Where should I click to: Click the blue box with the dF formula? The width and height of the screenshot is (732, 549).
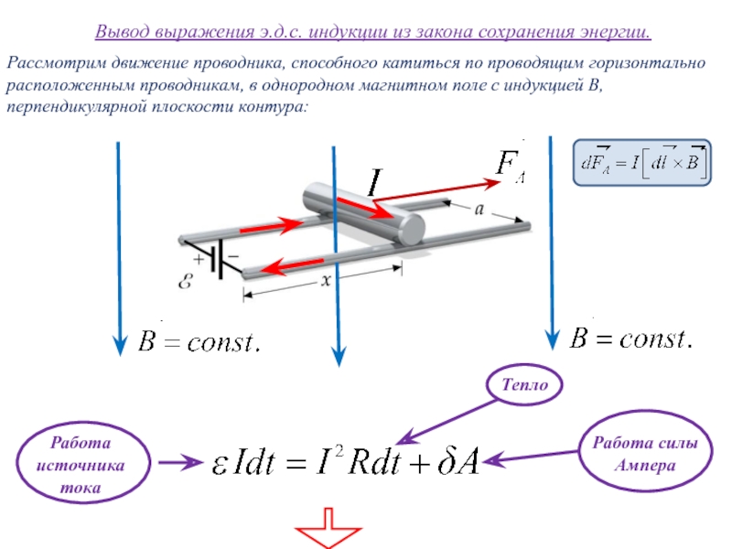[x=642, y=163]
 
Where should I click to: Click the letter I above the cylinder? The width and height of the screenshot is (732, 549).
[x=375, y=182]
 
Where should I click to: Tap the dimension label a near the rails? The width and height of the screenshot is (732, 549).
[x=479, y=210]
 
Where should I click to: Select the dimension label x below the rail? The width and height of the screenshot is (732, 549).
[x=326, y=280]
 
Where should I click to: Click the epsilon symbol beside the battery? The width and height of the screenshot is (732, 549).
[x=186, y=281]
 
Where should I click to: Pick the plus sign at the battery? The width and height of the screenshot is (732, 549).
[x=199, y=259]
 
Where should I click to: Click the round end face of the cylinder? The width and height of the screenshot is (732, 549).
[x=413, y=229]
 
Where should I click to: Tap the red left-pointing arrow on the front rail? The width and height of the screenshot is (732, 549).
[x=292, y=266]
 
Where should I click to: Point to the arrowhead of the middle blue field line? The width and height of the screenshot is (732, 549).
[x=339, y=356]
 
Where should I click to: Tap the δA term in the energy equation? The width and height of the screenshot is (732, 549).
[x=459, y=462]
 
